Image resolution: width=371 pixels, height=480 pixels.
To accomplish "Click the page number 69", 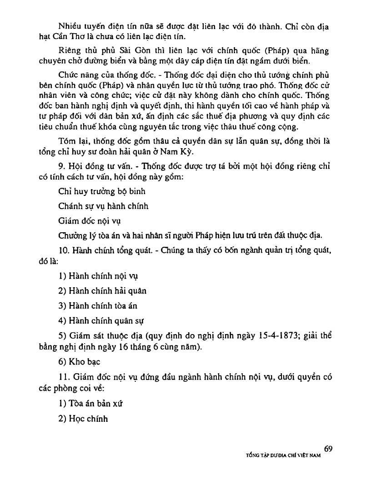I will coord(329,449).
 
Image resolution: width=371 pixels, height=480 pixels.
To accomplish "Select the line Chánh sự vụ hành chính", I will coord(103,206).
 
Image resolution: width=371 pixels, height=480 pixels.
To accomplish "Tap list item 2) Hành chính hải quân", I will coord(102,291).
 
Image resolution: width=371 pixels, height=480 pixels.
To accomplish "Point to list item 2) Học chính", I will coord(83,419).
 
